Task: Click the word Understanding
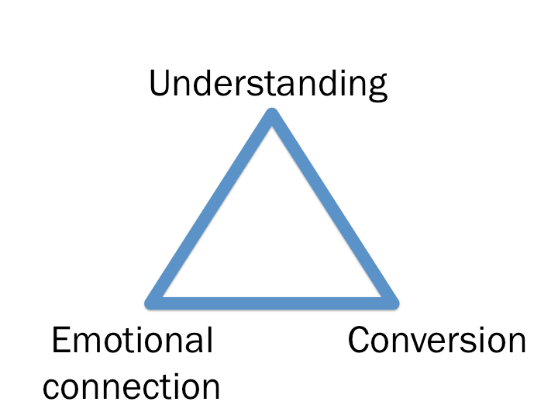[x=268, y=84]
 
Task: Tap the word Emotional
[x=132, y=341]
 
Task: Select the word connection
[x=132, y=386]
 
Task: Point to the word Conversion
[x=437, y=341]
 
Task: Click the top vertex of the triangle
[x=272, y=116]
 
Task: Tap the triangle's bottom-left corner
[x=153, y=300]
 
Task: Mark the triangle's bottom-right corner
[x=391, y=300]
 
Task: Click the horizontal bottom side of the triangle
[x=272, y=300]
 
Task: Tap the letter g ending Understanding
[x=377, y=88]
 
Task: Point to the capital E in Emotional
[x=62, y=341]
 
